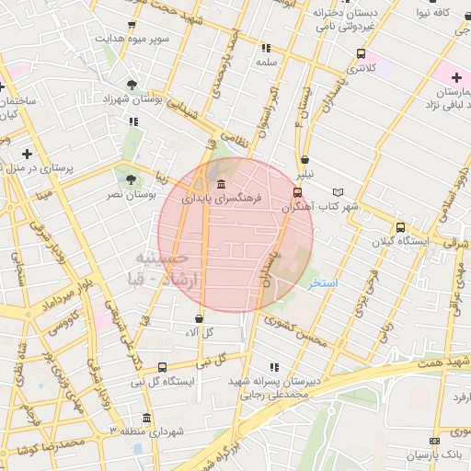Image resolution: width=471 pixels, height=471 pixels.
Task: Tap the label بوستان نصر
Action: [152, 195]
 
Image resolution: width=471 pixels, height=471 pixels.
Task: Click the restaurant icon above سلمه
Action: [266, 48]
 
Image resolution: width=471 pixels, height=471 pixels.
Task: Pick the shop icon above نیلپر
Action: [304, 159]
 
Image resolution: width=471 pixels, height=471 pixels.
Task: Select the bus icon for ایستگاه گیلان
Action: [399, 227]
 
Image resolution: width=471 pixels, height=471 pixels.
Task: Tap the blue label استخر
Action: [323, 282]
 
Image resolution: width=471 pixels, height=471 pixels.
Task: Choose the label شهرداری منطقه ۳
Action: [147, 431]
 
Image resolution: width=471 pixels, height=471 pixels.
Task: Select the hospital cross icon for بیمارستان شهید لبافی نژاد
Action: [455, 77]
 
